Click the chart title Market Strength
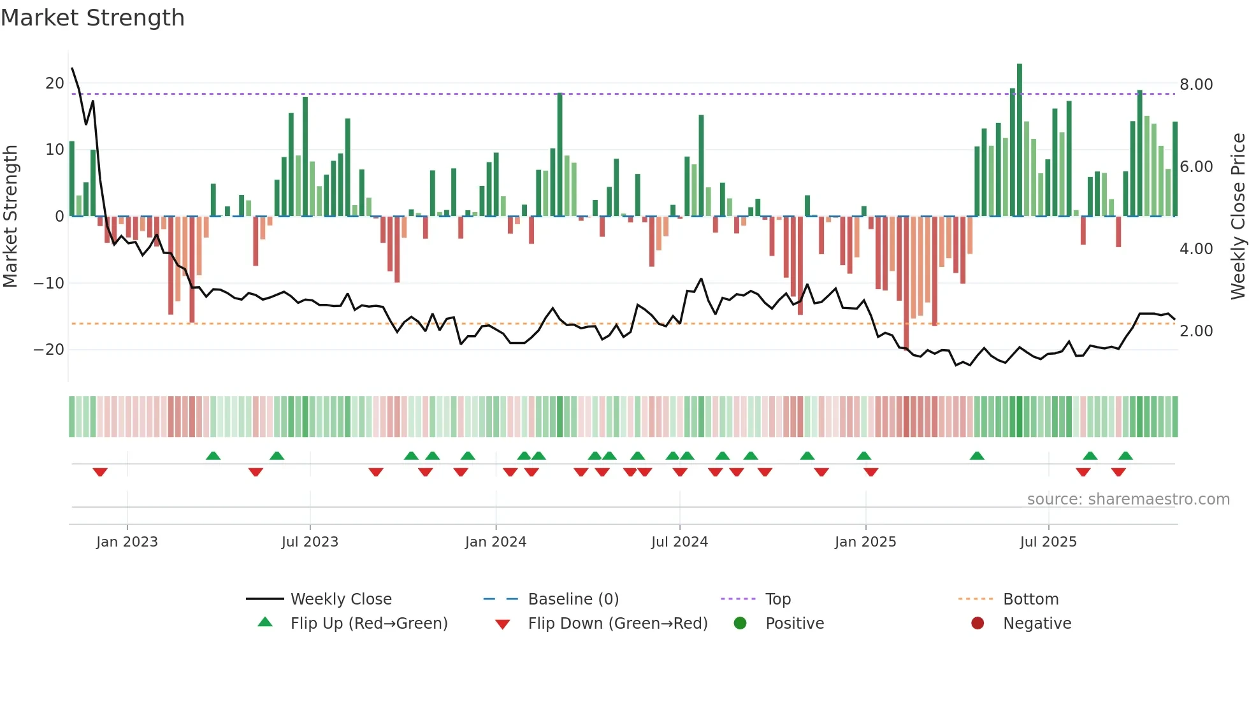point(92,18)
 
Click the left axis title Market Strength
point(10,216)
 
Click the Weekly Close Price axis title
point(1238,216)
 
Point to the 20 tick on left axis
point(54,83)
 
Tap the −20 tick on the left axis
point(49,350)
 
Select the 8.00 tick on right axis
point(1196,85)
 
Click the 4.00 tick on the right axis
point(1196,249)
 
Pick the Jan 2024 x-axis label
point(495,542)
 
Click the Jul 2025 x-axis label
point(1048,542)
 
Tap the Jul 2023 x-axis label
point(310,542)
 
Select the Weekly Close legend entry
point(341,599)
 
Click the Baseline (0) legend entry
point(573,599)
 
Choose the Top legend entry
point(777,599)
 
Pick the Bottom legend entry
point(1030,599)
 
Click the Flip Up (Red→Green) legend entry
point(368,624)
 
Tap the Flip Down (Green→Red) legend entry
point(617,624)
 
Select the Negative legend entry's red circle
point(978,624)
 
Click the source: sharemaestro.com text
point(1128,499)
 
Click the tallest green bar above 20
point(1020,140)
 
